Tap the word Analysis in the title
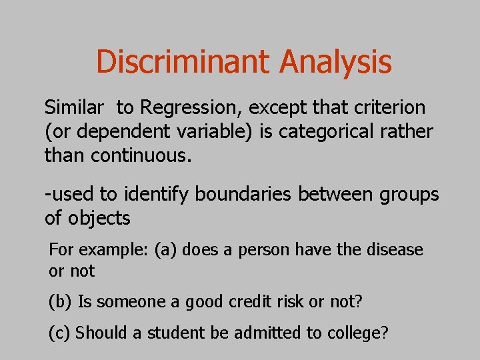[335, 62]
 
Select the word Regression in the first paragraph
[183, 108]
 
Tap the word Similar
[74, 107]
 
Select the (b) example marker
[61, 301]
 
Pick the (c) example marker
[61, 333]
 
